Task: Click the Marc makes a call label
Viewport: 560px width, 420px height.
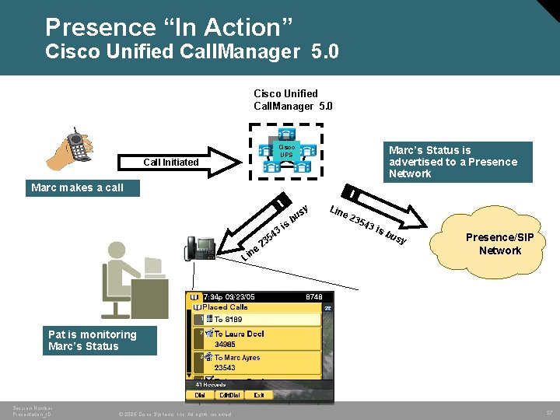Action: (78, 187)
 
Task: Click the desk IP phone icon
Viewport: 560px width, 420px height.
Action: (200, 248)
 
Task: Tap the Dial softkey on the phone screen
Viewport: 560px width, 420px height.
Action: (199, 395)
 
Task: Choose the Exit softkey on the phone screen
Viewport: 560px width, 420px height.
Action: (257, 395)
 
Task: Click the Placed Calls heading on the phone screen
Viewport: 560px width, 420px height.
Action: (226, 307)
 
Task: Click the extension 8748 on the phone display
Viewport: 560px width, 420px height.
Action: (313, 297)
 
